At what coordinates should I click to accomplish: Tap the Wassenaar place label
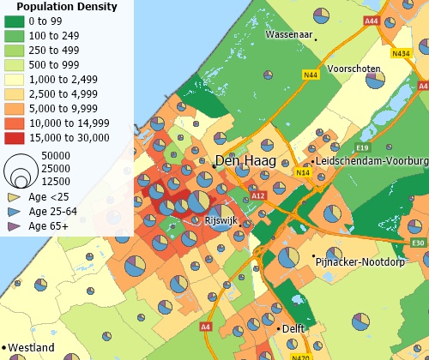coord(288,35)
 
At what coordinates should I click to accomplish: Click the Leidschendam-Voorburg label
coord(372,160)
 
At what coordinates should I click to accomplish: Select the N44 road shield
coord(310,75)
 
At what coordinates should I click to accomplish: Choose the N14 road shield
coord(303,173)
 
